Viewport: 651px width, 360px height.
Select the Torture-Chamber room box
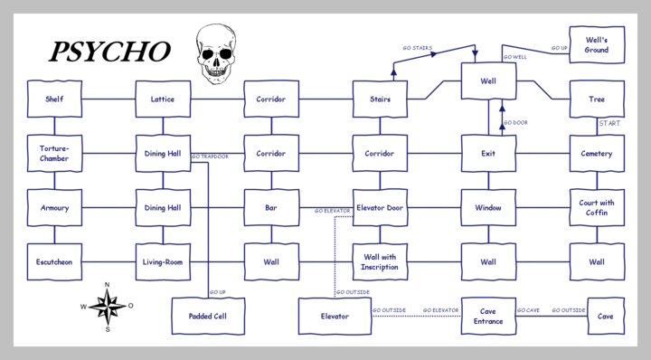point(54,154)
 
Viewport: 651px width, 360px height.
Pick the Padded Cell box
point(207,317)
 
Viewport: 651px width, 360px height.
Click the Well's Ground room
point(597,45)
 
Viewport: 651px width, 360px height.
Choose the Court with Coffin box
point(597,208)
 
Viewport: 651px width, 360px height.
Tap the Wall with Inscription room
point(380,262)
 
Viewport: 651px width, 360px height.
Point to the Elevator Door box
point(380,208)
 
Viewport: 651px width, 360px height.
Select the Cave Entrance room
point(488,317)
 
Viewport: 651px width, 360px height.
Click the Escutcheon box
point(54,262)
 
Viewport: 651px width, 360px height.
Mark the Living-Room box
point(163,262)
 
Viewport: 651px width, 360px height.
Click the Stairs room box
point(380,99)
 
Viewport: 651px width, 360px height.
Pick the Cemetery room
point(597,154)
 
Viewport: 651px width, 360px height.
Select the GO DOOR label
point(515,122)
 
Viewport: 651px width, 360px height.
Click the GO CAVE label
point(528,310)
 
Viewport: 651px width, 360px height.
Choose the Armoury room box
point(54,208)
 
